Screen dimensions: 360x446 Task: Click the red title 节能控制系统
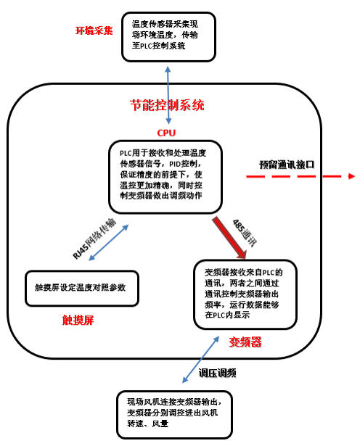tap(167, 105)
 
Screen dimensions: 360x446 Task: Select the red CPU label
tap(166, 133)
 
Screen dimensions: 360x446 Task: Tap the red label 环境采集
tap(94, 30)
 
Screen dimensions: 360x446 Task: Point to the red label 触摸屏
tap(78, 321)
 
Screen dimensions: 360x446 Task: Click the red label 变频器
tap(245, 342)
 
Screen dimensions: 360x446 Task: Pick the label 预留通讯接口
tap(287, 165)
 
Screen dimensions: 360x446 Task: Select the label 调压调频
tap(218, 373)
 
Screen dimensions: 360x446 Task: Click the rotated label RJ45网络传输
tap(94, 239)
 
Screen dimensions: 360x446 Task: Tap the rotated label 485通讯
tap(245, 232)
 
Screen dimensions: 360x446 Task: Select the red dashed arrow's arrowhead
tap(351, 176)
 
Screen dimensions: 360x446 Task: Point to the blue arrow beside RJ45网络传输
tap(108, 242)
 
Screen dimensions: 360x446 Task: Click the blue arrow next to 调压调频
tap(200, 359)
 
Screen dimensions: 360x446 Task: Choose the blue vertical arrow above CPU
tap(168, 95)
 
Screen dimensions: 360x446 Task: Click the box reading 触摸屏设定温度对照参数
tap(82, 288)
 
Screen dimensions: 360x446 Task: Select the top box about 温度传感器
tap(169, 37)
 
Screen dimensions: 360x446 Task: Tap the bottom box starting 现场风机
tap(175, 414)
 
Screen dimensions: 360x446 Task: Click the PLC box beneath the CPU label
tap(165, 177)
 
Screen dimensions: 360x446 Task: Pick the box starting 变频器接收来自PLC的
tap(245, 294)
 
